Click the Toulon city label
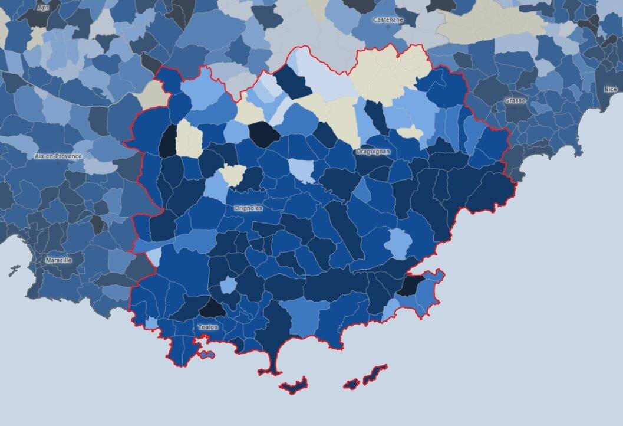point(208,327)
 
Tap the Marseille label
point(58,260)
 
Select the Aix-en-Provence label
point(58,156)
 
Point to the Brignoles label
point(249,208)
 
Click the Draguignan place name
point(373,152)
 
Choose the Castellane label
point(388,20)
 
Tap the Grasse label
point(515,101)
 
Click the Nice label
point(610,89)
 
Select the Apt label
point(43,8)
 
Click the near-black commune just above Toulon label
point(213,307)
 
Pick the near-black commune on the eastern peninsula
point(411,285)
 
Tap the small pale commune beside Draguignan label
point(410,132)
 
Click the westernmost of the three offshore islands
point(294,385)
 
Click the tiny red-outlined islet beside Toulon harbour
point(206,355)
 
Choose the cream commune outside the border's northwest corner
point(151,94)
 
